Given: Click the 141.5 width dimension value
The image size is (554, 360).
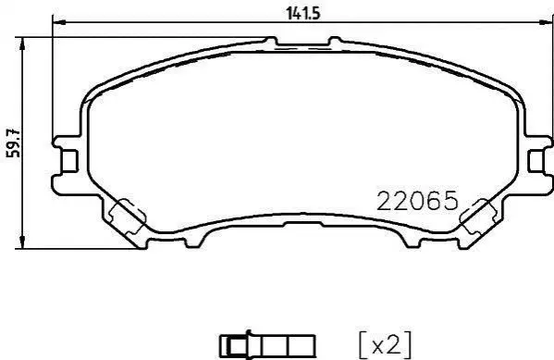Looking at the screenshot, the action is pos(302,14).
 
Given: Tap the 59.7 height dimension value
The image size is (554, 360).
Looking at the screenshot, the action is pos(15,143).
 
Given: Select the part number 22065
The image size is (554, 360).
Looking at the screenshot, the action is pos(418,201).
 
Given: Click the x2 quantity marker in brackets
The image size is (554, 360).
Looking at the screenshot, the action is pos(386,345).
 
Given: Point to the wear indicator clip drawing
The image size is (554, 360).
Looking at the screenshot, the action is pos(267,345).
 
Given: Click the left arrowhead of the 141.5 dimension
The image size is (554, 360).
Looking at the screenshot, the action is pos(59,22).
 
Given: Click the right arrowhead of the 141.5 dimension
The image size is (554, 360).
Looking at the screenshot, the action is pos(547,22).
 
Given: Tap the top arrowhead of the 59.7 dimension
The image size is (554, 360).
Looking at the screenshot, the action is pos(22,43).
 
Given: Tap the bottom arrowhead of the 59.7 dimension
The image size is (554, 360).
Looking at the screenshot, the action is pos(22,242).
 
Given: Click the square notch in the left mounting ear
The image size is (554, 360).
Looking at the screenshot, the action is pos(69,161).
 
